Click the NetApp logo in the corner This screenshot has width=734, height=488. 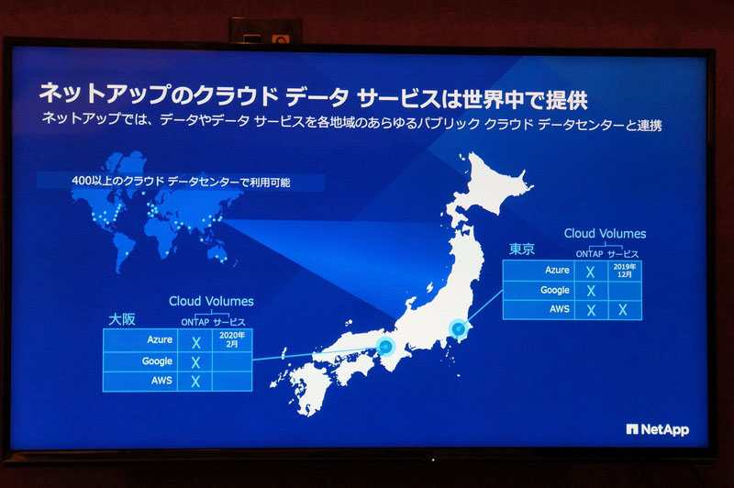[657, 429]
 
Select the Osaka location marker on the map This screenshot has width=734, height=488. [385, 348]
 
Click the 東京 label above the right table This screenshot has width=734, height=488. [522, 250]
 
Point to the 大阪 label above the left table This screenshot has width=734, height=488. [122, 319]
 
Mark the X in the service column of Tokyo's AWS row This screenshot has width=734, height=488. [623, 310]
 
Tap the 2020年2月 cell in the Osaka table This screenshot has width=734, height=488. [231, 340]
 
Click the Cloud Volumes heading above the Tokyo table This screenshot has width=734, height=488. [605, 234]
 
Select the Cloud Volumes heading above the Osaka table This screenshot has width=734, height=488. [211, 301]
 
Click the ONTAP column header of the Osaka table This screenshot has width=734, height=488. [194, 320]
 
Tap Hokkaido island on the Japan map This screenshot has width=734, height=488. [491, 183]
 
